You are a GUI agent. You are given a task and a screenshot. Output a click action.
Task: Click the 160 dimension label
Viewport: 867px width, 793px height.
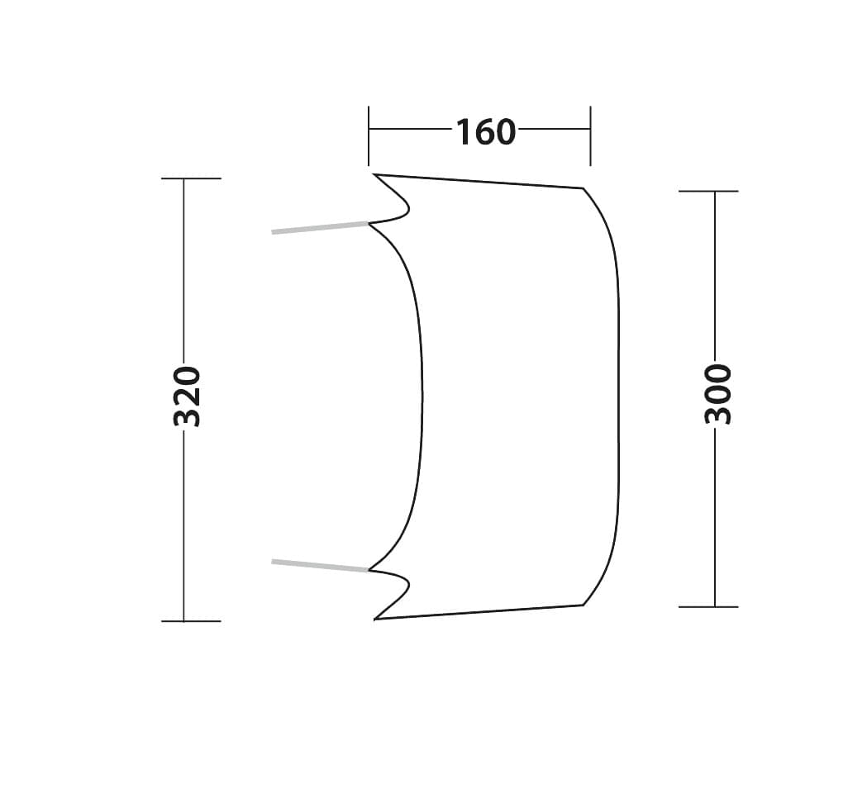(485, 132)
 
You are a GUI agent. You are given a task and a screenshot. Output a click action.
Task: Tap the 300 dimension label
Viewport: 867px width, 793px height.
(718, 394)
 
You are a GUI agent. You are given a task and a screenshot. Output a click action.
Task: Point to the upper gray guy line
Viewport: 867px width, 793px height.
(320, 227)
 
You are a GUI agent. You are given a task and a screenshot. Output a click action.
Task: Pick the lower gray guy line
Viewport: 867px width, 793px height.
(320, 565)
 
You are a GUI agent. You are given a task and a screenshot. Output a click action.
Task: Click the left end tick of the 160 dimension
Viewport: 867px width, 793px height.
(369, 135)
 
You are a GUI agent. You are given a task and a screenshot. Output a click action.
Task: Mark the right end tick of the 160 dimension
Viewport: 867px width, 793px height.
(590, 135)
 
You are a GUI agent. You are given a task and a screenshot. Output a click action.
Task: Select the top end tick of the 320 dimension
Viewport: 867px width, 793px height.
(190, 178)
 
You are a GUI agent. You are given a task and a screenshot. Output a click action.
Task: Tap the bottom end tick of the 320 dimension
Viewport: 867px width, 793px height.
(190, 620)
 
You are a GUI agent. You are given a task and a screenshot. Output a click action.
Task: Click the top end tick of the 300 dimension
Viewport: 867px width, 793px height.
(708, 191)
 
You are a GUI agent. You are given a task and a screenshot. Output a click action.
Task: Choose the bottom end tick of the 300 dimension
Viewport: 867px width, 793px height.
(708, 606)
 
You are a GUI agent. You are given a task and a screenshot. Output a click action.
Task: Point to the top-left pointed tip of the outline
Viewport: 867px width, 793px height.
(375, 175)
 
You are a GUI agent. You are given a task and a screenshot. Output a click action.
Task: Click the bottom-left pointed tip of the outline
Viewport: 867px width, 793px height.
(375, 618)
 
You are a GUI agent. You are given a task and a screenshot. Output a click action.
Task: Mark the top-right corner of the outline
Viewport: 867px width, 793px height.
(583, 189)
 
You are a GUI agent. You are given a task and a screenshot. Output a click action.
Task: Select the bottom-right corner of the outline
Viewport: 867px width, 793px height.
(583, 605)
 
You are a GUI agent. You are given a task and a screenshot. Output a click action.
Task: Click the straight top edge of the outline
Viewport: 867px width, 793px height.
(479, 182)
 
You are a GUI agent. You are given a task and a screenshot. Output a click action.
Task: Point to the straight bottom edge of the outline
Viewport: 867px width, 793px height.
(479, 612)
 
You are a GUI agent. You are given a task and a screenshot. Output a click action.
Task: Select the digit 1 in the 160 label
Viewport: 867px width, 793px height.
(464, 132)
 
